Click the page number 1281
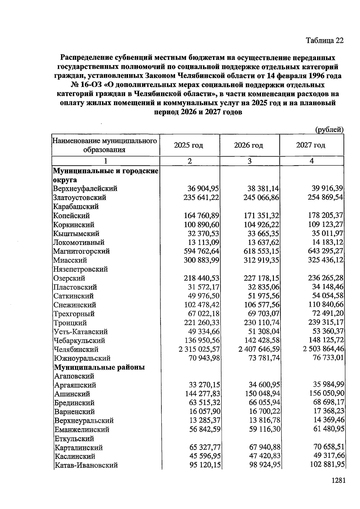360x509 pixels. pyautogui.click(x=338, y=480)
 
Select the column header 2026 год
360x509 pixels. pyautogui.click(x=249, y=146)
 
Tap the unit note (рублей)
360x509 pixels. pyautogui.click(x=329, y=130)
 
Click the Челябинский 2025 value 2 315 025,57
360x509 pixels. pyautogui.click(x=199, y=349)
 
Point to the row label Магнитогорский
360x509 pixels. pyautogui.click(x=81, y=251)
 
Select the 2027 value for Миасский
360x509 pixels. pyautogui.click(x=325, y=260)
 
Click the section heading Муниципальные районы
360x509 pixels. pyautogui.click(x=99, y=367)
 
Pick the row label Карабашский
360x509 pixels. pyautogui.click(x=76, y=207)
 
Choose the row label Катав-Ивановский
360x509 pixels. pyautogui.click(x=86, y=465)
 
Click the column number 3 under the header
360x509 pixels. pyautogui.click(x=249, y=161)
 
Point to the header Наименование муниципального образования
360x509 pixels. pyautogui.click(x=105, y=145)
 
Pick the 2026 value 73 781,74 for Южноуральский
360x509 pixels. pyautogui.click(x=261, y=358)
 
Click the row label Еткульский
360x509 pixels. pyautogui.click(x=74, y=438)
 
